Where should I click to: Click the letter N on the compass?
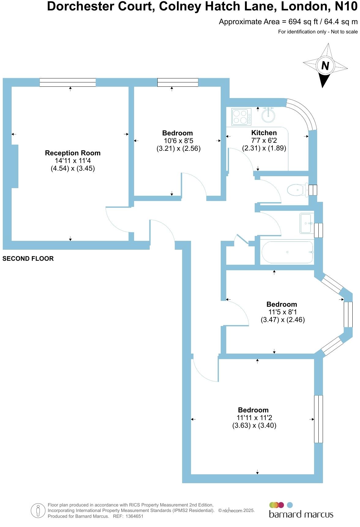[x=325, y=66]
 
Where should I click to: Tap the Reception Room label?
[x=73, y=153]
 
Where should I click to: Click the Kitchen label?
[x=264, y=133]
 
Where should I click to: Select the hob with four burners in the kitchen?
[x=241, y=117]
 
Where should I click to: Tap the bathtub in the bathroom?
[x=287, y=252]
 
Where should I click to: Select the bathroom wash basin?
[x=306, y=223]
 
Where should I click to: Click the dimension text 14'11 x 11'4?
[x=73, y=161]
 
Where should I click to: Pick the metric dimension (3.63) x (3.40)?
[x=254, y=425]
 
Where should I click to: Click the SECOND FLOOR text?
[x=28, y=259]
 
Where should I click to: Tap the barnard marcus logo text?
[x=301, y=514]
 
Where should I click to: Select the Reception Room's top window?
[x=68, y=82]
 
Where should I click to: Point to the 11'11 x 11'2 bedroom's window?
[x=318, y=419]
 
